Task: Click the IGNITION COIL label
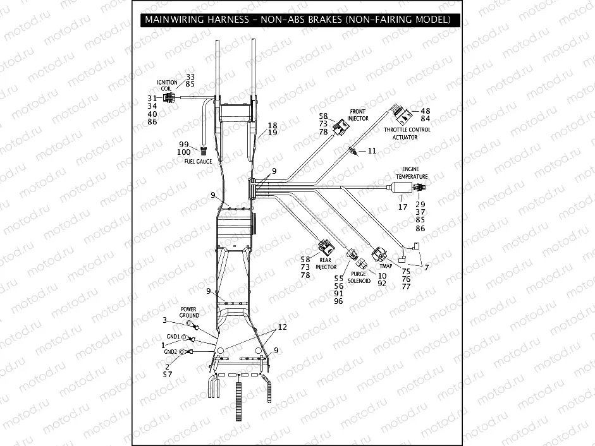tap(168, 85)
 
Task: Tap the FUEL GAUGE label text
tap(198, 162)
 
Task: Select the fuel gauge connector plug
tap(204, 151)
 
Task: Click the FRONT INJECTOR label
tap(357, 114)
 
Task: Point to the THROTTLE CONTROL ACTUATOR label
tap(407, 133)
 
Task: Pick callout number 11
tap(372, 151)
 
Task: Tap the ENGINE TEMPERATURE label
tap(412, 172)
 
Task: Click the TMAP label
tap(386, 266)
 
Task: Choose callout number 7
tap(426, 267)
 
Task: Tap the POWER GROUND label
tap(189, 312)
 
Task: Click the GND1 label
tap(173, 337)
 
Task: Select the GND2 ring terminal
tap(184, 352)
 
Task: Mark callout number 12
tap(282, 327)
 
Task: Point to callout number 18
tap(273, 125)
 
